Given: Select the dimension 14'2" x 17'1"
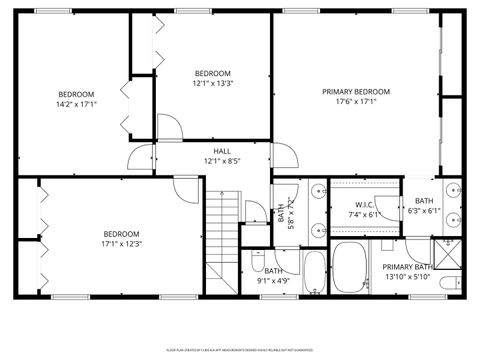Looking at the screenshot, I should (76, 103).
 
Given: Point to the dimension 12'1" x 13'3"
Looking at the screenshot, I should (212, 83).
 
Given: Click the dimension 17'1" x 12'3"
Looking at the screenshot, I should (122, 243).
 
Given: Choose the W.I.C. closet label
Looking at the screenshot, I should (364, 205).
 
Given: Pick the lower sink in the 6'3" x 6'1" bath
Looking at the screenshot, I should (453, 221).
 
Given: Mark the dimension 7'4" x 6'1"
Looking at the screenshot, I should (364, 214).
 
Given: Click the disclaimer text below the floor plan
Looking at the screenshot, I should (240, 349).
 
